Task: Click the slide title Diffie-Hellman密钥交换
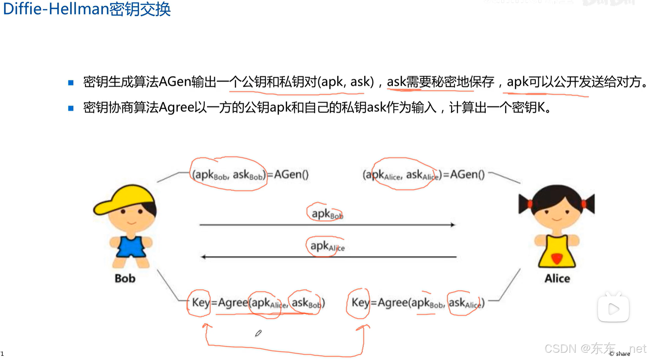click(x=87, y=9)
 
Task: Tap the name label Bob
click(x=125, y=278)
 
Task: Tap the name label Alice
click(x=557, y=278)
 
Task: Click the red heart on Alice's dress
click(x=557, y=258)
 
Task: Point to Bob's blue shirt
click(x=131, y=246)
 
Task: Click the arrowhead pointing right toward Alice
click(x=453, y=225)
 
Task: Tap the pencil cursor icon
click(x=258, y=333)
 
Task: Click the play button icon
click(x=613, y=309)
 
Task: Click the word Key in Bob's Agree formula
click(x=201, y=302)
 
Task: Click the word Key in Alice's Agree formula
click(x=360, y=302)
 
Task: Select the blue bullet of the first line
click(x=71, y=83)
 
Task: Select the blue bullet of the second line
click(x=71, y=108)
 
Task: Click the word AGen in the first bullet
click(x=175, y=82)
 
